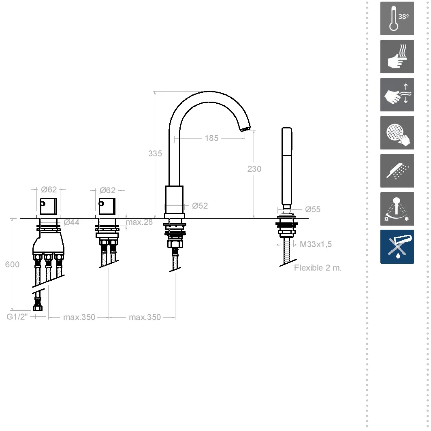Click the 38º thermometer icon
click(397, 18)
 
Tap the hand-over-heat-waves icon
click(397, 57)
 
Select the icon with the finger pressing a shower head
click(397, 133)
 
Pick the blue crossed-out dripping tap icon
click(397, 247)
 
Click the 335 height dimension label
click(155, 154)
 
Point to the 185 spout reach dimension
click(211, 138)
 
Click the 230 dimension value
click(254, 169)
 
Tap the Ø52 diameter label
click(200, 206)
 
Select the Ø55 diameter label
click(313, 209)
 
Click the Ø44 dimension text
click(71, 222)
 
